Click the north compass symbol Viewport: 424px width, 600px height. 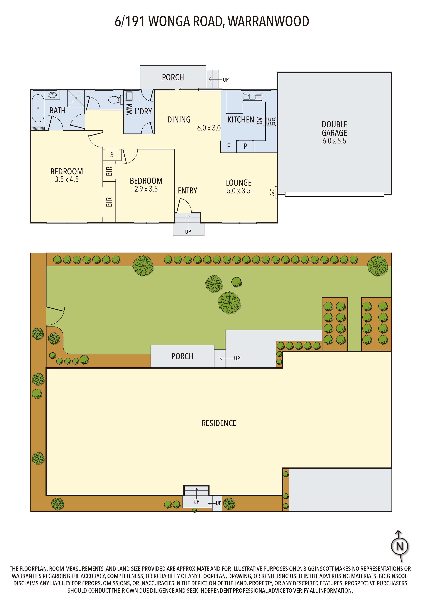[x=399, y=546]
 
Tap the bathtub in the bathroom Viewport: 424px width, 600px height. [x=38, y=108]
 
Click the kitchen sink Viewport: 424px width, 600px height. [x=252, y=97]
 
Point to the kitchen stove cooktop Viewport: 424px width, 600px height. [x=271, y=121]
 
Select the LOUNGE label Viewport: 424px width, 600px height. [x=238, y=183]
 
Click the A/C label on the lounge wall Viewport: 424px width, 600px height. [x=272, y=192]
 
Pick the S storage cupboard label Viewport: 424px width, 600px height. [x=112, y=155]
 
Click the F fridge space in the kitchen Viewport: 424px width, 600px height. [x=229, y=147]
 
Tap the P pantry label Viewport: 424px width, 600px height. [x=245, y=147]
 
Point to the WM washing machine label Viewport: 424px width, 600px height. [x=129, y=109]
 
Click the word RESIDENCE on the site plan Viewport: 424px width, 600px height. [x=219, y=423]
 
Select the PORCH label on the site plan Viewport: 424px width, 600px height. [x=182, y=356]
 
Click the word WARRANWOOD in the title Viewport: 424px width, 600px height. [x=269, y=21]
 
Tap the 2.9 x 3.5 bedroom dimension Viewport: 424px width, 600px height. [x=146, y=189]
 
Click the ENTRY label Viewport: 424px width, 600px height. [x=188, y=191]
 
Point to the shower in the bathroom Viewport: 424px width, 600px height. [x=76, y=98]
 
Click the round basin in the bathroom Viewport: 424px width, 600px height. [x=52, y=95]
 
